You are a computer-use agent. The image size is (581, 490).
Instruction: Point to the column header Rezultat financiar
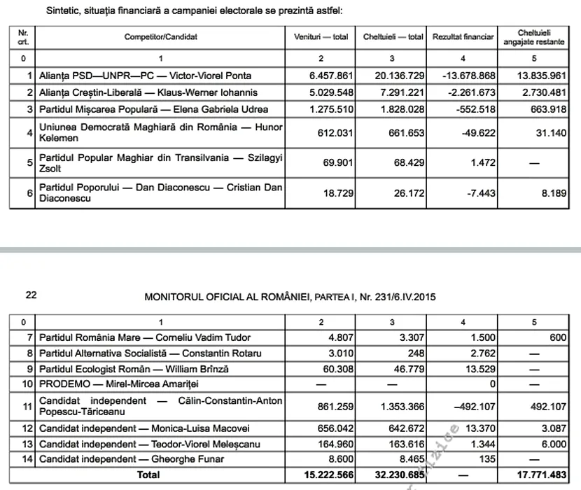pyautogui.click(x=463, y=36)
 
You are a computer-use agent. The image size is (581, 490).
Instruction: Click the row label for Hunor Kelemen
pyautogui.click(x=160, y=132)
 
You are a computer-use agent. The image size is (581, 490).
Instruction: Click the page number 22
pyautogui.click(x=31, y=295)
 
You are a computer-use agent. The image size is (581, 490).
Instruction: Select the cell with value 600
pyautogui.click(x=557, y=337)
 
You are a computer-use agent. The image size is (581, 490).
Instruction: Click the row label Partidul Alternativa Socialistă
pyautogui.click(x=150, y=353)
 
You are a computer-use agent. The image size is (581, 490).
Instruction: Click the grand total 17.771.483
pyautogui.click(x=538, y=475)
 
